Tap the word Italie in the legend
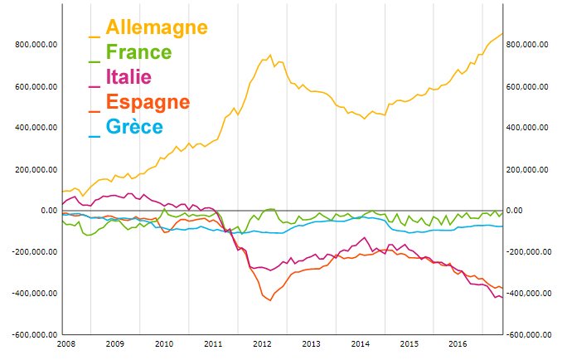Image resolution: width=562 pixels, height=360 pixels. coord(128,78)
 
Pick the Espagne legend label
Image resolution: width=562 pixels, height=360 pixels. coord(148,103)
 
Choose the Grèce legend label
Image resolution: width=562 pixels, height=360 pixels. coord(134,128)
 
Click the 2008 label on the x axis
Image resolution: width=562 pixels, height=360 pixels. coord(65,343)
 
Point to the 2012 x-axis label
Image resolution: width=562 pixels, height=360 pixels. coord(262,343)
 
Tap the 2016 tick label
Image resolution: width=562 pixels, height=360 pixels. coord(457,343)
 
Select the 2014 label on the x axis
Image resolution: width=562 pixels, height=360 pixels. coord(360,343)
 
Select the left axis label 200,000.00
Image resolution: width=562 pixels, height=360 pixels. coord(36,169)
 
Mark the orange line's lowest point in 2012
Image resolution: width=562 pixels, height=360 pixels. coord(270,300)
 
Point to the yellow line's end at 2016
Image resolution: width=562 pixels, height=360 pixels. coord(503,33)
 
